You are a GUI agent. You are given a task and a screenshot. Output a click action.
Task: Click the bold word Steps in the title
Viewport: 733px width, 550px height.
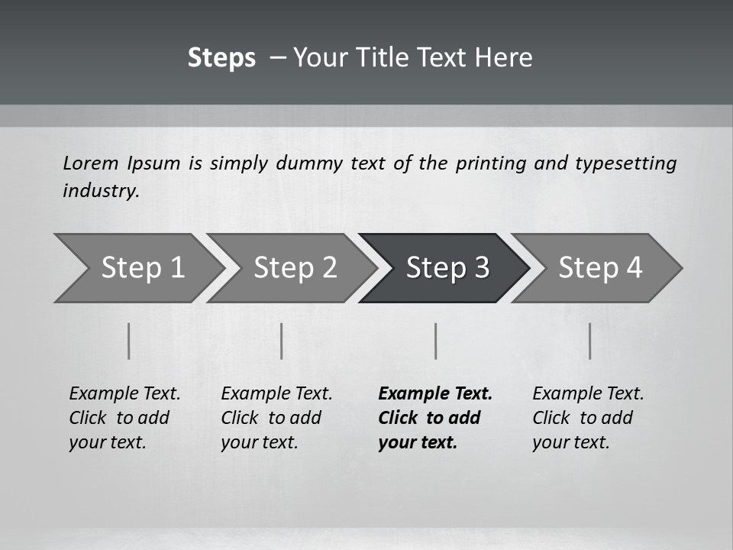pos(221,58)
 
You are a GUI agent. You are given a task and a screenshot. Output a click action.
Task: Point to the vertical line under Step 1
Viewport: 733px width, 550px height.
pos(129,341)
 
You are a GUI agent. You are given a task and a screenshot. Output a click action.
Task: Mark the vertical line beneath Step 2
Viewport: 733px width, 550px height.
pos(282,341)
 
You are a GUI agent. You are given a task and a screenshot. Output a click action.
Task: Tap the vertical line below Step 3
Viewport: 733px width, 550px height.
pos(435,341)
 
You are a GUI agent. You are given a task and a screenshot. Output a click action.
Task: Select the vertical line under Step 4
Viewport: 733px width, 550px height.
pos(589,341)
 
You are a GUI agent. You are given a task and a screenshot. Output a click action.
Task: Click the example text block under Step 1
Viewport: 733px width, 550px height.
pos(124,418)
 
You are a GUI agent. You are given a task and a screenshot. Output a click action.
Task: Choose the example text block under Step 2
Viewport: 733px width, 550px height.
pos(276,418)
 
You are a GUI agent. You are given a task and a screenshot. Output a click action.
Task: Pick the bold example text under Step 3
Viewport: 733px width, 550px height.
pos(435,418)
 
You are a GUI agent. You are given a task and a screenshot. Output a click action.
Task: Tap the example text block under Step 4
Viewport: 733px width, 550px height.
pos(588,418)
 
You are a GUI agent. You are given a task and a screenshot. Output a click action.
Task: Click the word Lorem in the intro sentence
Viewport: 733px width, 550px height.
pos(91,163)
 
